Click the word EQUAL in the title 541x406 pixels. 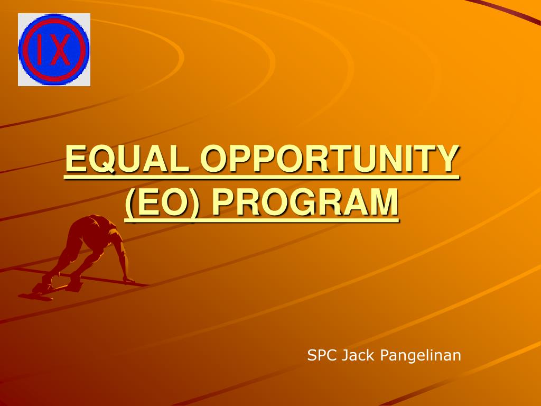pos(127,159)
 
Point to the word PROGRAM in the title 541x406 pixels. pos(305,202)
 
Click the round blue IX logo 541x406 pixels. pos(54,50)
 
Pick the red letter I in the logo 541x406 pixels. pos(42,50)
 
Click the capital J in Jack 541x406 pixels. pos(344,355)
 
